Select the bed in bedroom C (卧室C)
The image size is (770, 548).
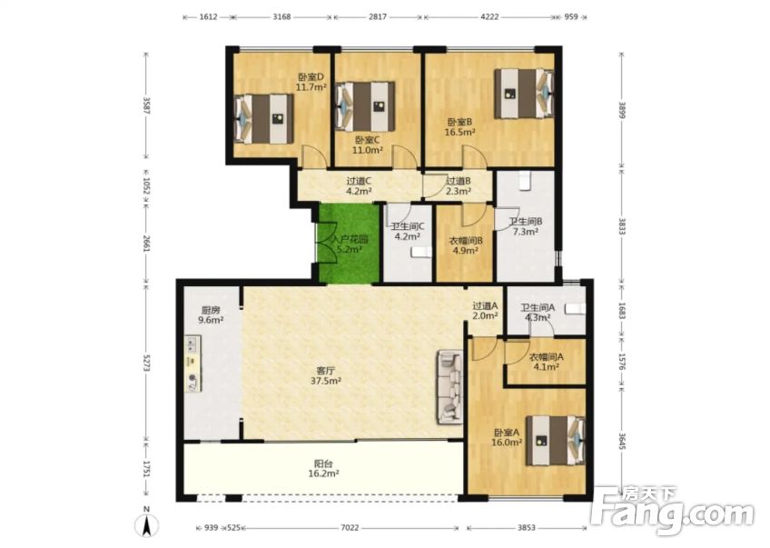[365, 105]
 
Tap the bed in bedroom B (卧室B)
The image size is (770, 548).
[524, 92]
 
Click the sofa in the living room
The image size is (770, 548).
[450, 387]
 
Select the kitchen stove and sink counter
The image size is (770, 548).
[192, 364]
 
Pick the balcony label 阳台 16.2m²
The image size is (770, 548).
[324, 468]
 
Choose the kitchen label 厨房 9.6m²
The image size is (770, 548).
[212, 314]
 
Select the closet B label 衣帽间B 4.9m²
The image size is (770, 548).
[465, 245]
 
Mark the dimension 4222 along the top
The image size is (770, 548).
[489, 16]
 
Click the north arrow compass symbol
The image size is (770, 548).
[145, 524]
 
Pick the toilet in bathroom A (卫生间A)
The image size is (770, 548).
[571, 310]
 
